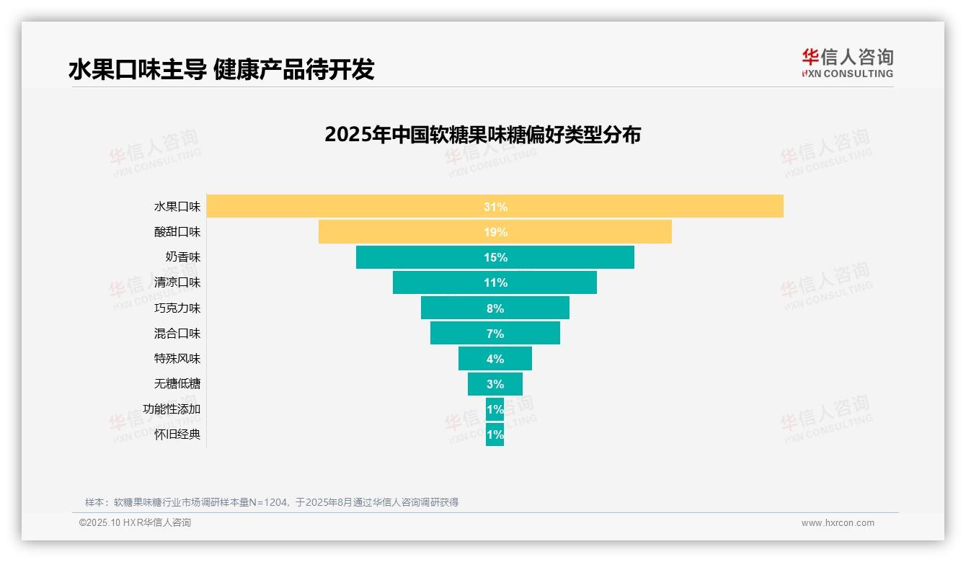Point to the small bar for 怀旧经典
pos(495,434)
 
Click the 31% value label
pos(495,207)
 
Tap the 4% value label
pos(495,359)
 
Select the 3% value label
pos(495,384)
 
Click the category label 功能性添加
pos(172,409)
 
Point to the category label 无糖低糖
pos(177,384)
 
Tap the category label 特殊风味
pos(177,359)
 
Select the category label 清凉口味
pos(177,282)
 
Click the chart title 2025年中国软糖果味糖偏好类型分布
pos(482,135)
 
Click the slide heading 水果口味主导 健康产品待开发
pos(221,70)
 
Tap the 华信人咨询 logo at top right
pos(847,63)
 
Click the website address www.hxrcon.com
pos(838,523)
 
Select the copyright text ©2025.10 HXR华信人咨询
pos(135,523)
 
